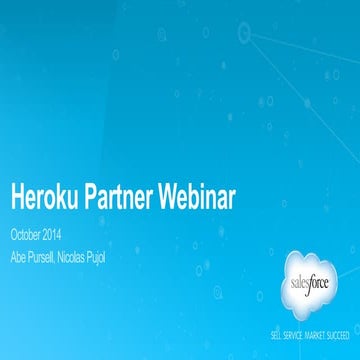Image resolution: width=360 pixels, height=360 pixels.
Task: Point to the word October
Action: click(x=25, y=235)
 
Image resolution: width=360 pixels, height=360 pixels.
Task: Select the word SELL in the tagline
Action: click(x=265, y=327)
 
